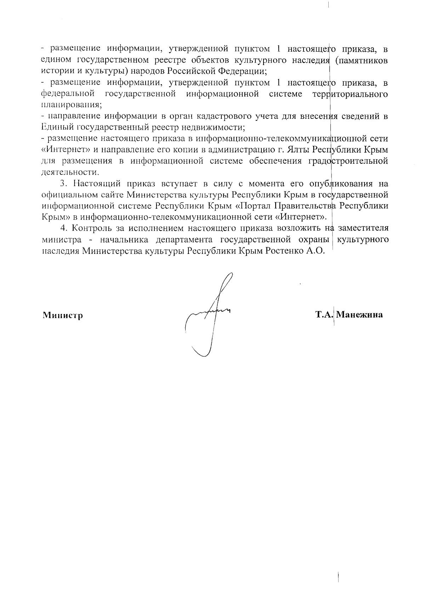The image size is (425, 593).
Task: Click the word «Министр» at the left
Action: point(63,315)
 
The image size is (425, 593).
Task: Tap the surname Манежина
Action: point(359,314)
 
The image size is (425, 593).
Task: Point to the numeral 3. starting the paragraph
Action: point(63,184)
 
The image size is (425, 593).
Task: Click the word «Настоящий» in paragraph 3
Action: point(97,184)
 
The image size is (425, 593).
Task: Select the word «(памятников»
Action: point(361,60)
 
